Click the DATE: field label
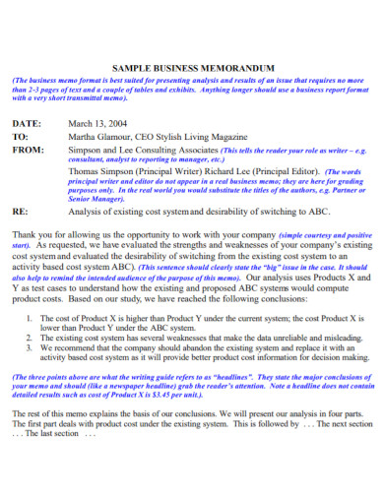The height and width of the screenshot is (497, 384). (x=27, y=123)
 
